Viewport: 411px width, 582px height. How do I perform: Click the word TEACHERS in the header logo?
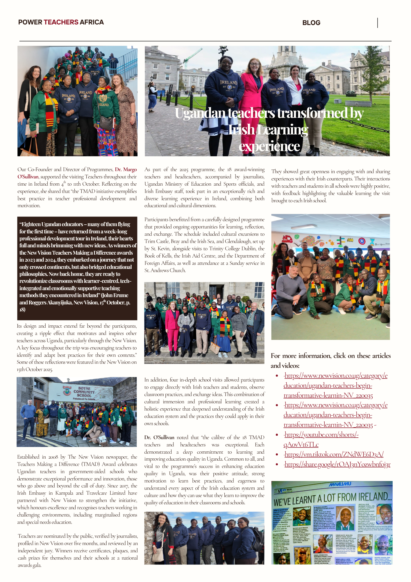tap(61, 22)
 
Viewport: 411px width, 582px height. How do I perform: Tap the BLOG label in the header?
tap(311, 23)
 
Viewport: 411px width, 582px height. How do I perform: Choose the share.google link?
tap(337, 464)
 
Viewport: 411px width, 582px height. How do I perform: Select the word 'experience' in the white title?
tap(269, 146)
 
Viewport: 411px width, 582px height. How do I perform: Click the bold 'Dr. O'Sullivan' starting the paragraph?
tap(159, 437)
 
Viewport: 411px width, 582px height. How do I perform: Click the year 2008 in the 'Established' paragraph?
tap(53, 457)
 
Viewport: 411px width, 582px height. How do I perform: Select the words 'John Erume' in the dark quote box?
tap(116, 295)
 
